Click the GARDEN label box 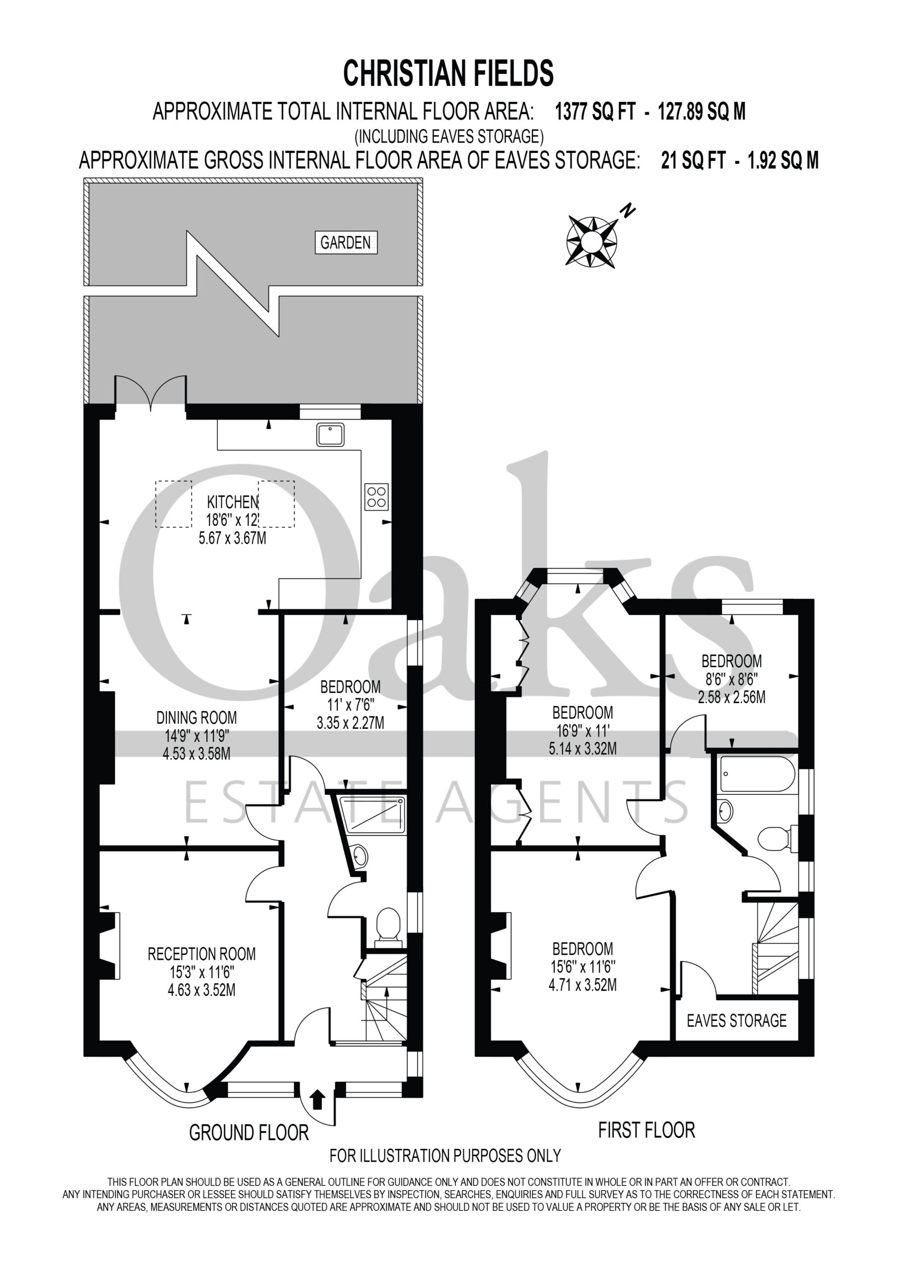346,242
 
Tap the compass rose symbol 591,242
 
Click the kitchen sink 330,434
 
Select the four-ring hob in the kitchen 376,496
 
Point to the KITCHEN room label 232,502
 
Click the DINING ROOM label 196,718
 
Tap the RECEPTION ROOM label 201,954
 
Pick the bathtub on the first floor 758,774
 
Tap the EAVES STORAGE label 736,1020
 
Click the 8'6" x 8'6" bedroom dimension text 731,679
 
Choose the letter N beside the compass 628,211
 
